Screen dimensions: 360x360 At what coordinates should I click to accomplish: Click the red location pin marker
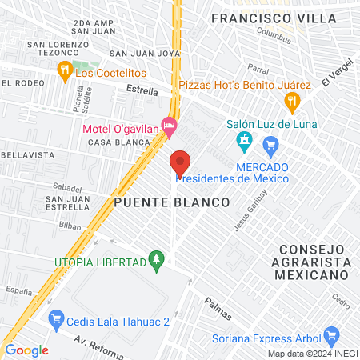pos(180,163)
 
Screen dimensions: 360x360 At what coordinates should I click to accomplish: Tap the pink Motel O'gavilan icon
pos(169,126)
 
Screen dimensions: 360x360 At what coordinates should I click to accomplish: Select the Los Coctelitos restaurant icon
pos(65,72)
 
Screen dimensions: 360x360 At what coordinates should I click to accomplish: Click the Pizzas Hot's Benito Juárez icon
pos(292,101)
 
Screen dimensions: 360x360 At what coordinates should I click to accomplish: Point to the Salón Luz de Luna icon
pos(244,144)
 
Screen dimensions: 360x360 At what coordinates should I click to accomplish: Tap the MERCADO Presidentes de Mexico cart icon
pos(270,145)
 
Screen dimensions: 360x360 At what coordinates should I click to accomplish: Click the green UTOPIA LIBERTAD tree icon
pos(157,261)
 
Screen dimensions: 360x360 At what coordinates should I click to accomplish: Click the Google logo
pos(26,350)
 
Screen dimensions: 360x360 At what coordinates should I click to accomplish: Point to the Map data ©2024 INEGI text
pos(312,354)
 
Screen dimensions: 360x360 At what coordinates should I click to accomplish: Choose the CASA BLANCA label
pos(119,142)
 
